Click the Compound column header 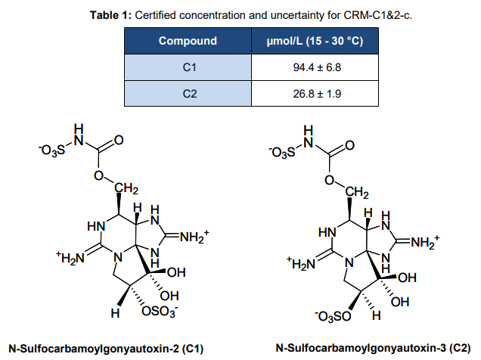click(188, 41)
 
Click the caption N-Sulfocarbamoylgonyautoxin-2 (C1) click(105, 347)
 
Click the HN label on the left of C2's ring click(327, 231)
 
